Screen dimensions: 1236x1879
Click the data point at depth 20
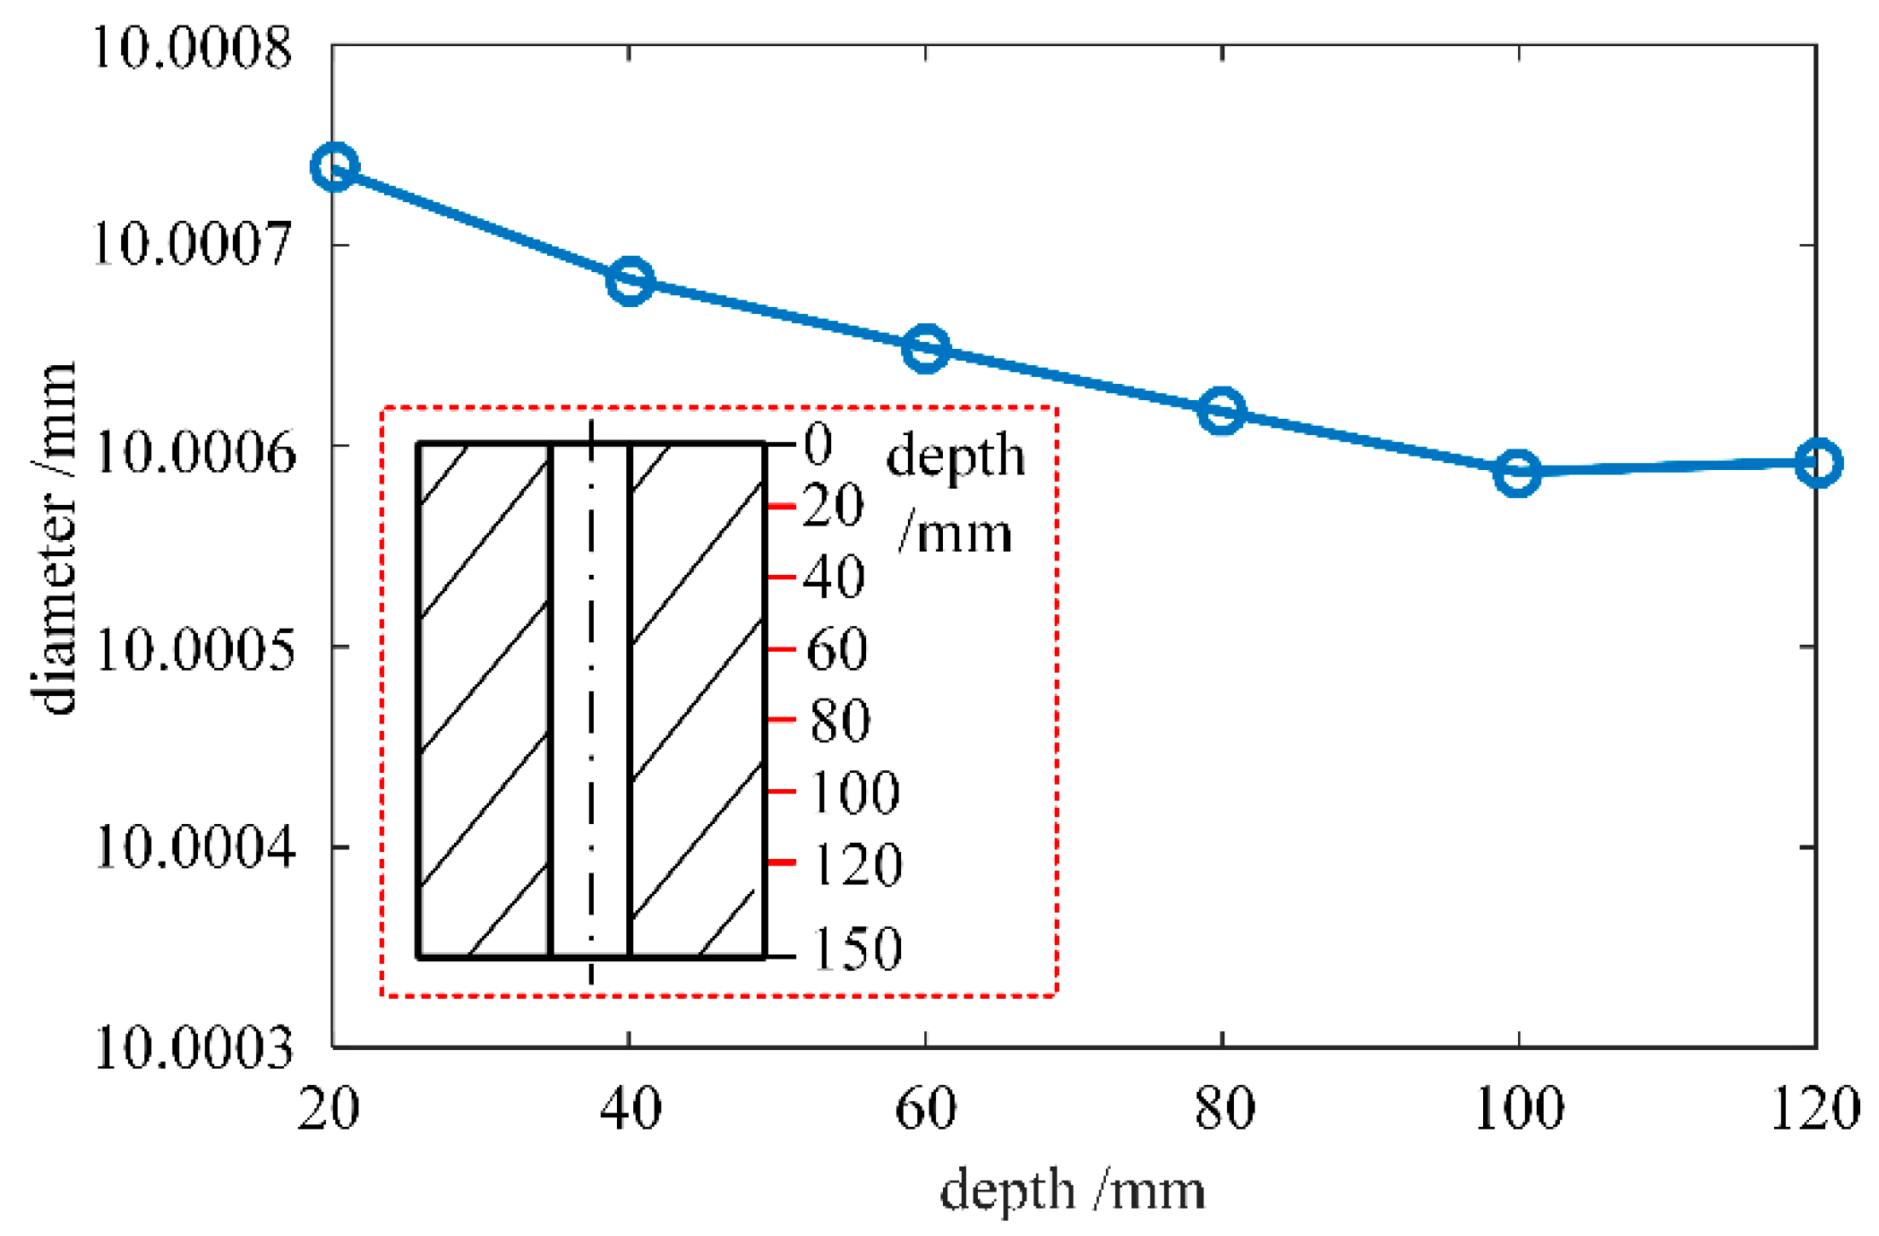334,166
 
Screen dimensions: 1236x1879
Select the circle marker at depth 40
630,280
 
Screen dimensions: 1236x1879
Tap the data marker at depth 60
926,348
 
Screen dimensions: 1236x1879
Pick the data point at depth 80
1221,410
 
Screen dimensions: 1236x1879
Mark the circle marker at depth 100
1517,472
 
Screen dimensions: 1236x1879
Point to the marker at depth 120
1818,463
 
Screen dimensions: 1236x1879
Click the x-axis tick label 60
926,1109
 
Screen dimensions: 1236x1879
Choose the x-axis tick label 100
1519,1109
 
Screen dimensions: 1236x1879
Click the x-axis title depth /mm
1072,1189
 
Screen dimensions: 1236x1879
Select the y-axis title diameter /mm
53,537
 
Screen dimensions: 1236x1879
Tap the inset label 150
856,949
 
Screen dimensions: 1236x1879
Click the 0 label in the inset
817,444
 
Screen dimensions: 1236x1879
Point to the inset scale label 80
840,720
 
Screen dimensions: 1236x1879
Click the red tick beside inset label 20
781,507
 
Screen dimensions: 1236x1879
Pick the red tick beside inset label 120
781,862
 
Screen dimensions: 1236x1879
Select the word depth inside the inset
956,456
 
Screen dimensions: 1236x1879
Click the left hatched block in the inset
484,699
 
